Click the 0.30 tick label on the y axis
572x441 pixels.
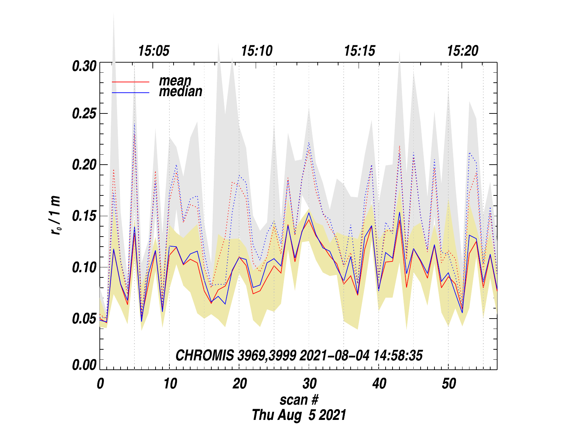(84, 66)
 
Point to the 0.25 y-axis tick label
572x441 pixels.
(84, 114)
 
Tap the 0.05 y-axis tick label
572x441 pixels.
(84, 319)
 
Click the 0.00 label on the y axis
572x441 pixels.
(84, 365)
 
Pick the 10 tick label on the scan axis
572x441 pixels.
(170, 384)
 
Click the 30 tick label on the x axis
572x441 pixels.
(309, 384)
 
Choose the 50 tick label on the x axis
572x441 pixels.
(449, 384)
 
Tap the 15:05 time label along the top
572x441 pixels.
(154, 51)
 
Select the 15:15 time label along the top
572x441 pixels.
(360, 51)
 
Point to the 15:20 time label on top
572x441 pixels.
(463, 51)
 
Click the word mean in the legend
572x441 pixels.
(175, 81)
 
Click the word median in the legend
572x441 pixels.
(181, 92)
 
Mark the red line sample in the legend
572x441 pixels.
(131, 82)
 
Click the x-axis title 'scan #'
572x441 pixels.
(299, 400)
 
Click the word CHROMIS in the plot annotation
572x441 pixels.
(204, 356)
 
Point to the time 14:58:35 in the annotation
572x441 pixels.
(398, 356)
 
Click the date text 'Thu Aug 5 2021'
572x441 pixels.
(299, 415)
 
